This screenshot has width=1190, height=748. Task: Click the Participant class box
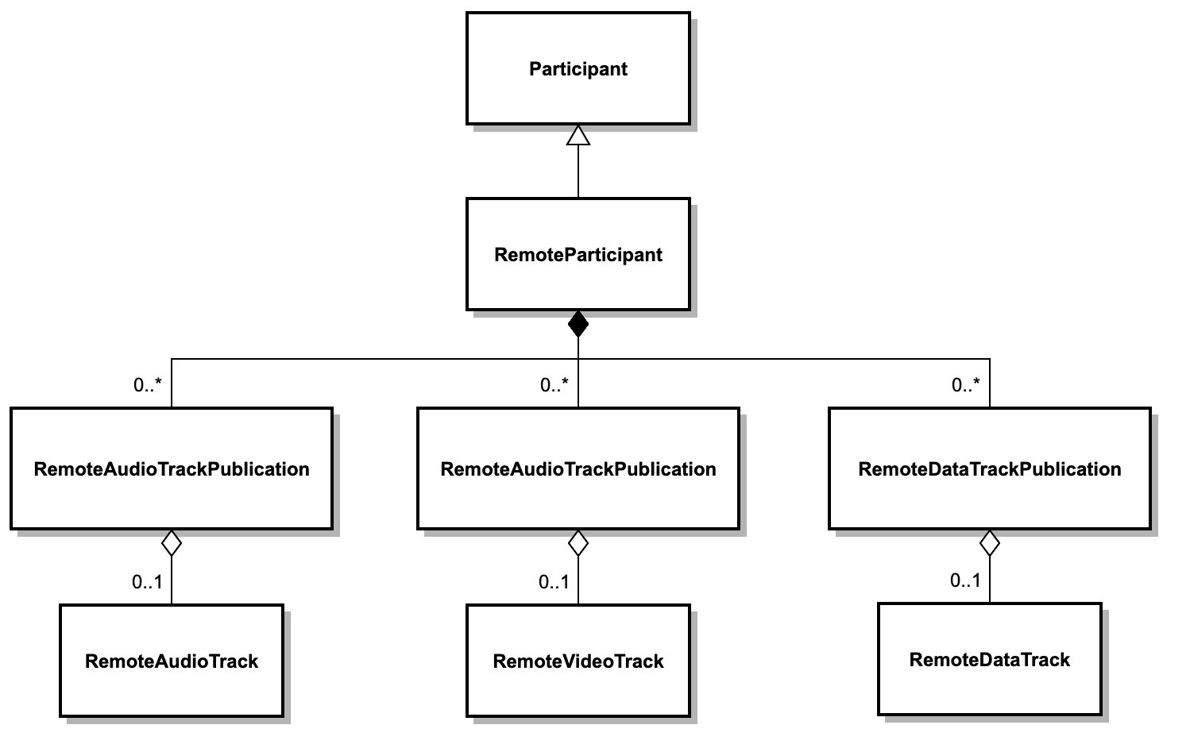coord(578,68)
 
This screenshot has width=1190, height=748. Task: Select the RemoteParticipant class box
coord(578,254)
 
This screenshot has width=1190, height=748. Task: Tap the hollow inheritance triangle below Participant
coord(578,136)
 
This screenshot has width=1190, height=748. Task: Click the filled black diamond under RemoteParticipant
coord(578,324)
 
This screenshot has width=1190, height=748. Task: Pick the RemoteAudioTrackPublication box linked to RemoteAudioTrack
coord(172,468)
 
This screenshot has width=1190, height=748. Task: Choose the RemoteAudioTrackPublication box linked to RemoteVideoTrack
coord(578,468)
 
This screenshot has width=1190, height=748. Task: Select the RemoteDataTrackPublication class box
coord(989,468)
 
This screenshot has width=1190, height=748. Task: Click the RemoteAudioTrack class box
coord(172,661)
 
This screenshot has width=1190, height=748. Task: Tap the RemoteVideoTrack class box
coord(578,661)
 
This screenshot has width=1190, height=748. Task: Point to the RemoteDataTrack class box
coord(989,659)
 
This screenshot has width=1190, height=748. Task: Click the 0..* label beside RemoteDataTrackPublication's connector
coord(965,385)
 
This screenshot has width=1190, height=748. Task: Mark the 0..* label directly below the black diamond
coord(554,385)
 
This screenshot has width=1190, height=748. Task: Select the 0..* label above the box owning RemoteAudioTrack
coord(147,385)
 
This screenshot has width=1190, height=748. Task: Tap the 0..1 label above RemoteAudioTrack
coord(147,582)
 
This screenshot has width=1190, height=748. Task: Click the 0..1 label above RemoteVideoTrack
coord(554,582)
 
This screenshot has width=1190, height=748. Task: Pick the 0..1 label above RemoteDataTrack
coord(965,580)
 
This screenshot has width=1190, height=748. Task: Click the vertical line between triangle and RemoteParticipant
coord(578,172)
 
